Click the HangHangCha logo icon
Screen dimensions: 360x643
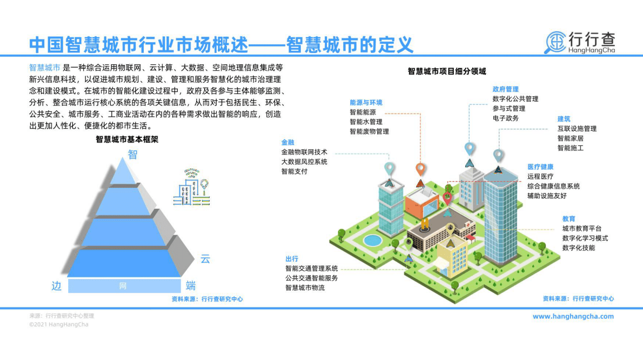coord(554,42)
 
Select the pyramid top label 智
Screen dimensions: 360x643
coord(132,155)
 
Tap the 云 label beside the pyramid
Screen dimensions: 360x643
coord(205,259)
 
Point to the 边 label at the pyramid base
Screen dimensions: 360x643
coord(57,286)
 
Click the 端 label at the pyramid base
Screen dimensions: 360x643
coord(191,286)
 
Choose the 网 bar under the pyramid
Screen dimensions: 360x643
coord(124,286)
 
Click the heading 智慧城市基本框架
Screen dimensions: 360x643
coord(127,139)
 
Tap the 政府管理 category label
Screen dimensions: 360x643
coord(505,89)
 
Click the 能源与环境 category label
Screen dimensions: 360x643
coord(366,102)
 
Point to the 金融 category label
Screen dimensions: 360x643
coord(287,142)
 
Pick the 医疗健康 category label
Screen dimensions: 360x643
coord(540,167)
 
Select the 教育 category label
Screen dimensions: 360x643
coord(568,218)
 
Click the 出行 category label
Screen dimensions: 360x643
coord(292,258)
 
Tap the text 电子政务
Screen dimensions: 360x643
coord(505,118)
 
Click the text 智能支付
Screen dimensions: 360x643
coord(294,171)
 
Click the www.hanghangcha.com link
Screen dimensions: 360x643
coord(573,316)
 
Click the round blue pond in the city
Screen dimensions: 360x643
coord(372,239)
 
